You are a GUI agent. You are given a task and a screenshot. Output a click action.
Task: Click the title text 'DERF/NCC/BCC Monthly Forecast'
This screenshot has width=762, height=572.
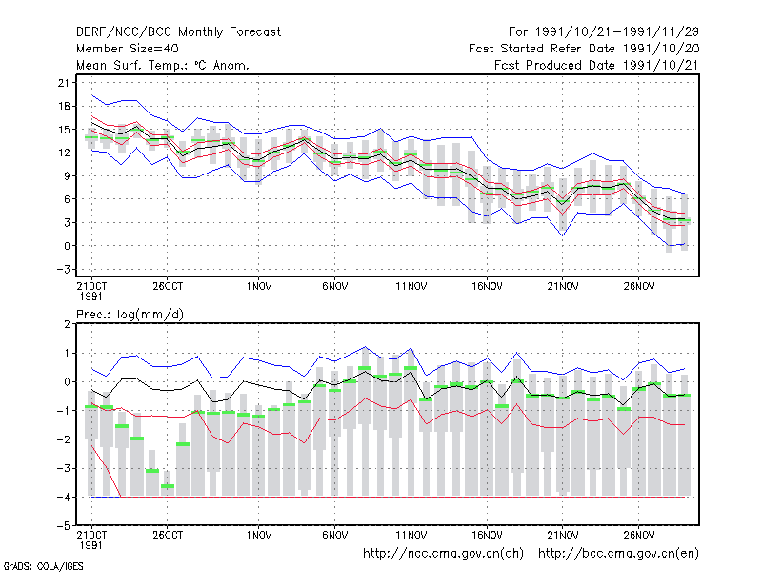(178, 32)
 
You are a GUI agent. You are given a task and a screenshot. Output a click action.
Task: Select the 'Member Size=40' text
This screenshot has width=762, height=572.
(128, 49)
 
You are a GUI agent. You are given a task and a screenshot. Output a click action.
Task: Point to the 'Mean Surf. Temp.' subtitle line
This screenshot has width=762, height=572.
(163, 65)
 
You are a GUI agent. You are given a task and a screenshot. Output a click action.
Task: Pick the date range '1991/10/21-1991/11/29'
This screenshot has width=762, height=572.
(617, 32)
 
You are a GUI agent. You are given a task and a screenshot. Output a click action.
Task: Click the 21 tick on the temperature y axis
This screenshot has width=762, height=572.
(64, 83)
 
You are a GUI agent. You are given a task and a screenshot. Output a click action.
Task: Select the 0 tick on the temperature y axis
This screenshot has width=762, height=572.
(67, 246)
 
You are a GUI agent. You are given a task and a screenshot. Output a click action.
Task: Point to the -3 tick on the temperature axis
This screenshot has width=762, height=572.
(63, 270)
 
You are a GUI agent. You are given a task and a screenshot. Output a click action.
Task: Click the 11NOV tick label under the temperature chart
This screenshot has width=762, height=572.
(411, 286)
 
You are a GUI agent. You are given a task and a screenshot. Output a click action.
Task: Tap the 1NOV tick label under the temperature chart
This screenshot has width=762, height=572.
(259, 286)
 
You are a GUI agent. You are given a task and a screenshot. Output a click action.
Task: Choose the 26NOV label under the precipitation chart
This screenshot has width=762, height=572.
(639, 535)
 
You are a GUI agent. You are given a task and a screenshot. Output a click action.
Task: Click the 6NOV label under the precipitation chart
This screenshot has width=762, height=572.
(335, 535)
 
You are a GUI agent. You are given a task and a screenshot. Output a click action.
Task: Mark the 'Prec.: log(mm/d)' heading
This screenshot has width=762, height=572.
(130, 315)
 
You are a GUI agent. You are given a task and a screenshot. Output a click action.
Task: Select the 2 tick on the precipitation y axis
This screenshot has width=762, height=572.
(67, 324)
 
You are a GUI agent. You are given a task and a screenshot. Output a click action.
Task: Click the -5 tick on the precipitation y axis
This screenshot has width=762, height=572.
(63, 526)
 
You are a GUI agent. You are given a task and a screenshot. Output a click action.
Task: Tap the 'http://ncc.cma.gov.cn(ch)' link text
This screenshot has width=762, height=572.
(443, 554)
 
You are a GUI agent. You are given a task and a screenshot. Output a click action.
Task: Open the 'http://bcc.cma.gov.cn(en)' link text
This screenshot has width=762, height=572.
(618, 554)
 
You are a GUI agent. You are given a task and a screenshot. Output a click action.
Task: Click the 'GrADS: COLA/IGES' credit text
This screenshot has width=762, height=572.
(43, 566)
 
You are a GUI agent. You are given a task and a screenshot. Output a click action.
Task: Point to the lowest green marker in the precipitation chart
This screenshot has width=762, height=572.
(168, 486)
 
